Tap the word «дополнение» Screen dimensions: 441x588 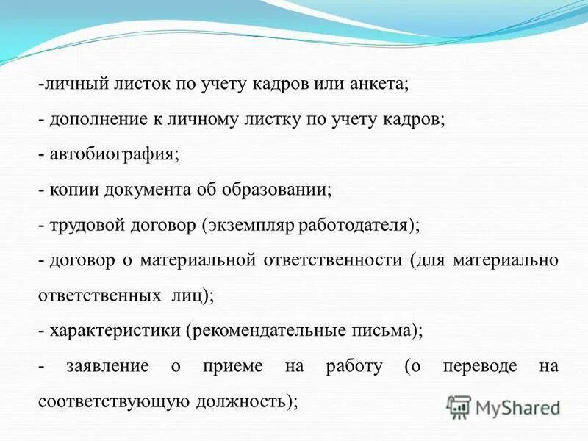(x=91, y=119)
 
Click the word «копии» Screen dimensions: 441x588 (x=72, y=190)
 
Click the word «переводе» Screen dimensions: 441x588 (x=479, y=366)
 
